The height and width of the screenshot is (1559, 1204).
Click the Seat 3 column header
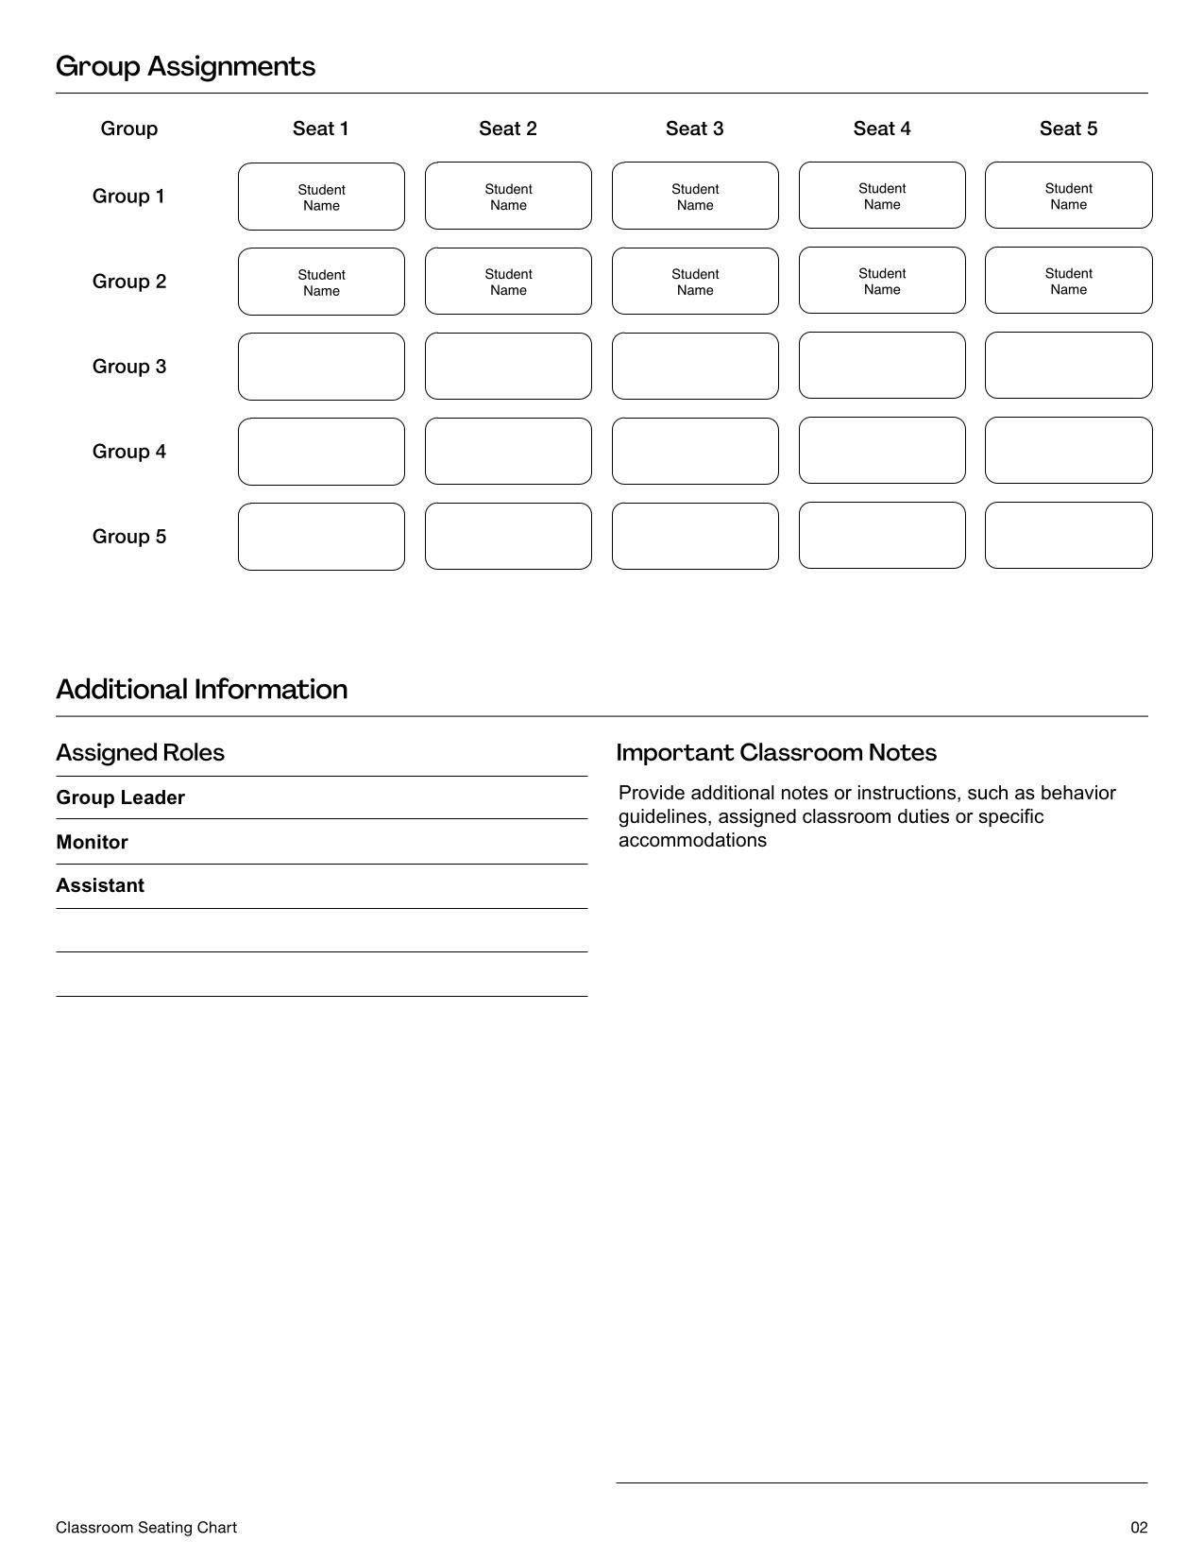click(694, 128)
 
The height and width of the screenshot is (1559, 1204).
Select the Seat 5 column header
click(1068, 128)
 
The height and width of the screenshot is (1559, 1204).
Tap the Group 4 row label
click(129, 452)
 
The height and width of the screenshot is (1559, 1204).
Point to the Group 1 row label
click(128, 197)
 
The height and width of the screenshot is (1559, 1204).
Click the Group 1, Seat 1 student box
click(321, 197)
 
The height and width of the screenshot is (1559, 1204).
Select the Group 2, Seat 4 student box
click(882, 281)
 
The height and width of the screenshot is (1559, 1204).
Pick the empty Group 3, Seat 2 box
click(508, 366)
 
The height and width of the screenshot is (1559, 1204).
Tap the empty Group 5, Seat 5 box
click(1068, 536)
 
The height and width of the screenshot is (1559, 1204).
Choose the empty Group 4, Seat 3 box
click(695, 451)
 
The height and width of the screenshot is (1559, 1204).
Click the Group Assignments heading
click(185, 66)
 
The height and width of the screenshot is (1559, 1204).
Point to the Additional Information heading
click(201, 689)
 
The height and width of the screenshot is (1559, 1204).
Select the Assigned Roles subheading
click(140, 752)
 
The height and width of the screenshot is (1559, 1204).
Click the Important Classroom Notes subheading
click(776, 752)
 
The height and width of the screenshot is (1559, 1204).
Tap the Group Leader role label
click(120, 797)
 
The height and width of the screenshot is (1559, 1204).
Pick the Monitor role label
click(92, 842)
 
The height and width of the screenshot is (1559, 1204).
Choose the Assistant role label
click(100, 885)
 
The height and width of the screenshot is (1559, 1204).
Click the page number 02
click(1139, 1528)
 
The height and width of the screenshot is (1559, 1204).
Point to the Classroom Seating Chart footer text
click(146, 1528)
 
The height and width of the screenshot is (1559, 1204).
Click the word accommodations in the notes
click(692, 840)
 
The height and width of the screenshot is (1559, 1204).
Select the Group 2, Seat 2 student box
click(508, 282)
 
